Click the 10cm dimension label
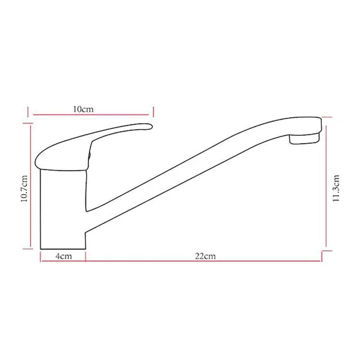pos(84,109)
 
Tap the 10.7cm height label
pos(24,189)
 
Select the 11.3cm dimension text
pos(336,188)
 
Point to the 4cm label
pos(64,256)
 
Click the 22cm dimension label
pos(205,256)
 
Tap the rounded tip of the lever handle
pos(149,127)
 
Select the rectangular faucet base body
pos(63,209)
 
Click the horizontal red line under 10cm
pos(91,115)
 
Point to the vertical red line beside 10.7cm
pos(31,186)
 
